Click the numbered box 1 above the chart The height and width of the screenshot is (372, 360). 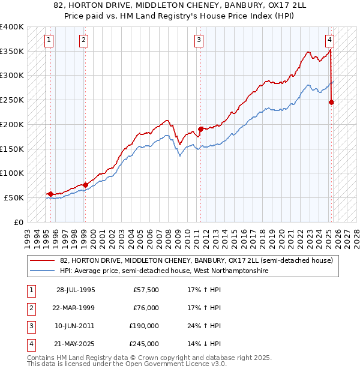[49, 40]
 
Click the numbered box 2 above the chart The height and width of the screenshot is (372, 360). [83, 40]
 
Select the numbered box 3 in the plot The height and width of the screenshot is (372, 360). [199, 40]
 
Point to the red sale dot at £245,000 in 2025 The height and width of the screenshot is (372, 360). [331, 102]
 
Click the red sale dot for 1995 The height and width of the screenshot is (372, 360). [50, 194]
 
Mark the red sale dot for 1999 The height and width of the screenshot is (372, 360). [85, 185]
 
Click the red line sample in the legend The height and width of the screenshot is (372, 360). [42, 260]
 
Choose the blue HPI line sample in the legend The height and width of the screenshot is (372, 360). [42, 271]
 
